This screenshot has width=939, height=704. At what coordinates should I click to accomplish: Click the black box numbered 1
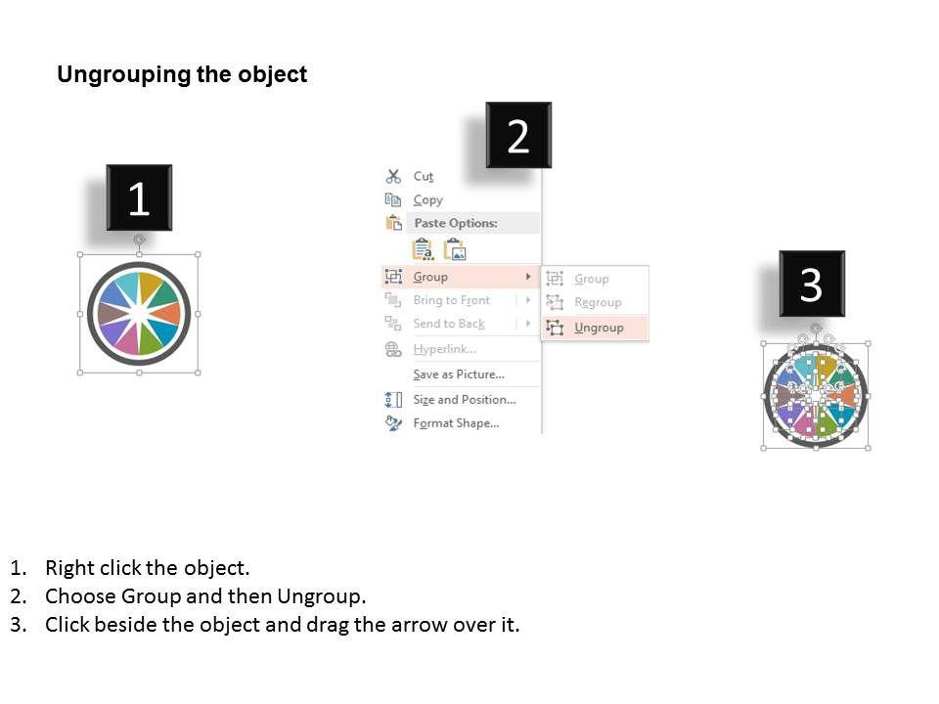139,198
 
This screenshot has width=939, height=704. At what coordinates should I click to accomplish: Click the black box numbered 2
518,135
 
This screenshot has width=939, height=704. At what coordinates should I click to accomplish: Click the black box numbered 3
812,284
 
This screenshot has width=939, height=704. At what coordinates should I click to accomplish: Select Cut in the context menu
423,177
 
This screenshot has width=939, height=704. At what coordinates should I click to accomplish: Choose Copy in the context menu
427,199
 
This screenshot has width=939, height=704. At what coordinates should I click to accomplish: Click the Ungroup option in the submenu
599,329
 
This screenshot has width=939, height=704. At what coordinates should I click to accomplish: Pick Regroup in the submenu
598,303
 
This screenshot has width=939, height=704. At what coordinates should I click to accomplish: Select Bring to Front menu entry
452,300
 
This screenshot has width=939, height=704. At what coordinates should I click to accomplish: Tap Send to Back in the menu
449,324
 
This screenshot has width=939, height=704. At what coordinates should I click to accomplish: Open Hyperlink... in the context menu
445,349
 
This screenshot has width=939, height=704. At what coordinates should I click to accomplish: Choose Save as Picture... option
459,374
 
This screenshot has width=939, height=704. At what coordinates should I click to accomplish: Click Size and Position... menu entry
464,399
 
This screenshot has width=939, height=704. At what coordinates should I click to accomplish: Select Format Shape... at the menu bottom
456,423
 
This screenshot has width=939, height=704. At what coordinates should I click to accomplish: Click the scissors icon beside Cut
393,177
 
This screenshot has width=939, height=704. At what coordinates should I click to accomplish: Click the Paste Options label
456,223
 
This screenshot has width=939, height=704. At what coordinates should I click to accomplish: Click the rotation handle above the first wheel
139,240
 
